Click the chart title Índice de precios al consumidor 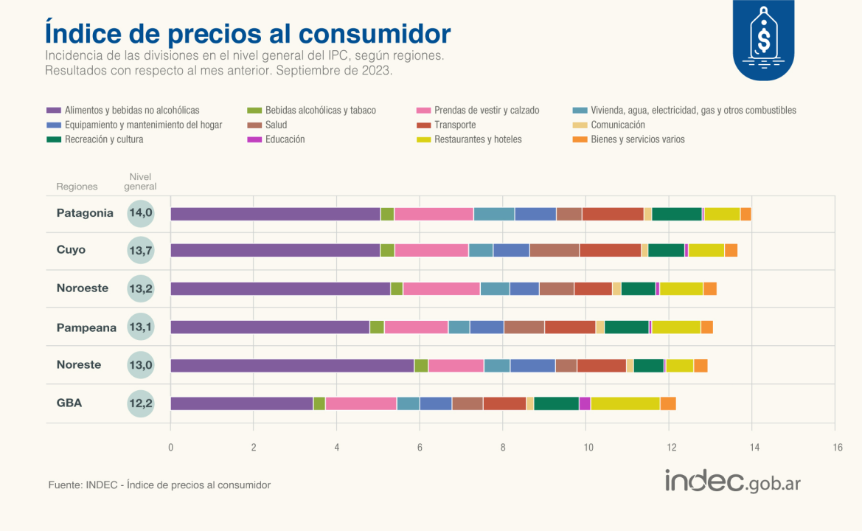[248, 33]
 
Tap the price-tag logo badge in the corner [763, 40]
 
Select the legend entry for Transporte [455, 125]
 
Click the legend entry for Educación [285, 139]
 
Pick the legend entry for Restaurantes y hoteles [478, 139]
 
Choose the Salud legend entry [276, 125]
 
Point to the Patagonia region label [85, 213]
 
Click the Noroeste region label [83, 288]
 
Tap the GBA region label [69, 403]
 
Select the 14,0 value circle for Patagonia [140, 213]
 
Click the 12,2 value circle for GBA [140, 403]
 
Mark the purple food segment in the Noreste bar [292, 365]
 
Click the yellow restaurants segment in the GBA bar [625, 403]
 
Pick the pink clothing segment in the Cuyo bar [431, 250]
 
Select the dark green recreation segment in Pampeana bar [626, 327]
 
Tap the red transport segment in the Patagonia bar [612, 214]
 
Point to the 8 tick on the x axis [503, 446]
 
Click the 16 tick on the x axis [837, 446]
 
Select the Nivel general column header [140, 182]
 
